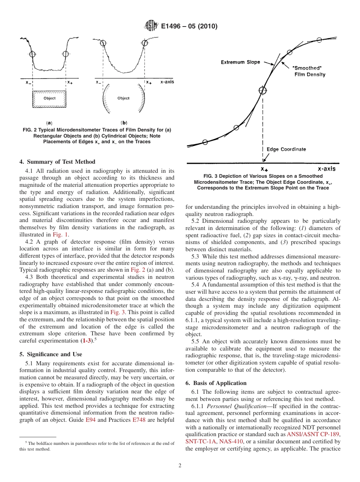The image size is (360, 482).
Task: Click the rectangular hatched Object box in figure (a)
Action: pyautogui.click(x=49, y=99)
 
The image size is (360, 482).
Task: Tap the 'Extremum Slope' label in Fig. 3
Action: pyautogui.click(x=240, y=62)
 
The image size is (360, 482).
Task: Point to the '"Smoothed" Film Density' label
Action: pyautogui.click(x=309, y=71)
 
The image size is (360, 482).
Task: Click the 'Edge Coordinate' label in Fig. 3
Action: pyautogui.click(x=286, y=149)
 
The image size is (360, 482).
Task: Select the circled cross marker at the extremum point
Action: pyautogui.click(x=263, y=90)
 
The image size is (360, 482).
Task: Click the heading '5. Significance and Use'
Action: pyautogui.click(x=50, y=354)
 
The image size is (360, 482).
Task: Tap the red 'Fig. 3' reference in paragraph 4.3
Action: pyautogui.click(x=116, y=312)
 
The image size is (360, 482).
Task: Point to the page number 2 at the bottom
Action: pyautogui.click(x=180, y=466)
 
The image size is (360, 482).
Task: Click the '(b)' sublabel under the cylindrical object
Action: pyautogui.click(x=124, y=123)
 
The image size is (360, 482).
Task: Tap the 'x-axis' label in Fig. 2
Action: pyautogui.click(x=167, y=82)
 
